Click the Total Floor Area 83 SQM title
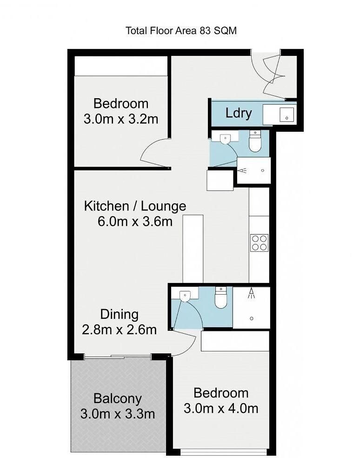click(x=181, y=31)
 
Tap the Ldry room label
click(x=239, y=113)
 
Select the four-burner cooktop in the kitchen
click(x=259, y=243)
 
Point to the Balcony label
click(x=118, y=399)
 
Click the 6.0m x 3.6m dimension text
click(x=135, y=222)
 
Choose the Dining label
click(x=120, y=315)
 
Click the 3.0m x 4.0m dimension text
click(x=221, y=408)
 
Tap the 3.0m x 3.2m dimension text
click(x=121, y=119)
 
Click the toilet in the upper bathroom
click(x=255, y=141)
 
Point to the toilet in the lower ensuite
click(x=221, y=297)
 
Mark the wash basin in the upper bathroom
click(x=225, y=139)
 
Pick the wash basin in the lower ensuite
click(x=185, y=296)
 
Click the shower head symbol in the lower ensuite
click(x=251, y=293)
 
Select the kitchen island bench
click(x=193, y=249)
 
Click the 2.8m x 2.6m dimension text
click(x=119, y=330)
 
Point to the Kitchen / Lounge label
click(x=135, y=206)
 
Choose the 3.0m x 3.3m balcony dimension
click(x=118, y=414)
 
